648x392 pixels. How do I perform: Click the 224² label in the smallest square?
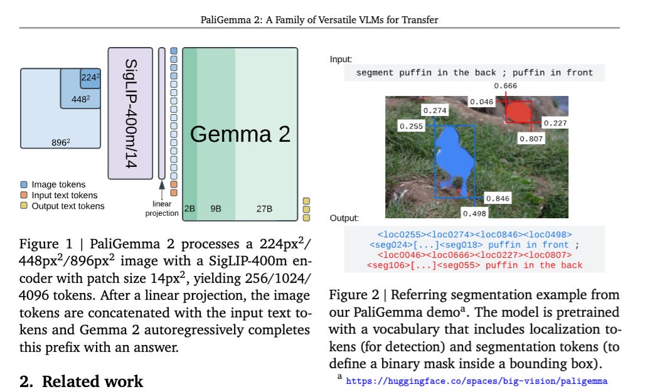click(89, 78)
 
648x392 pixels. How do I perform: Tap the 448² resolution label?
click(80, 98)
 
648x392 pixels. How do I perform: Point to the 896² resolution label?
click(60, 142)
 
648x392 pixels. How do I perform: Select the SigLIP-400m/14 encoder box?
click(130, 113)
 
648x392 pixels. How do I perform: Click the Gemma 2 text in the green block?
click(240, 134)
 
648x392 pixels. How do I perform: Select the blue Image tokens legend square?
click(24, 185)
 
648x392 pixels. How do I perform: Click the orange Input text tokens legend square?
click(24, 195)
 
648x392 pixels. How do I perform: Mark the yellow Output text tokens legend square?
click(24, 206)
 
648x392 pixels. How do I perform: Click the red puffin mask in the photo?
click(519, 114)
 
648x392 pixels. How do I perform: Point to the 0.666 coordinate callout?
click(506, 86)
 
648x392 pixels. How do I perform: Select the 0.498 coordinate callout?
click(475, 213)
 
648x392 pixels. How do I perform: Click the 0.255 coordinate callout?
click(411, 126)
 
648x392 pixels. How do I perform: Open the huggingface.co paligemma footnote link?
click(477, 380)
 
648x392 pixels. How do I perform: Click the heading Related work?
click(82, 381)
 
